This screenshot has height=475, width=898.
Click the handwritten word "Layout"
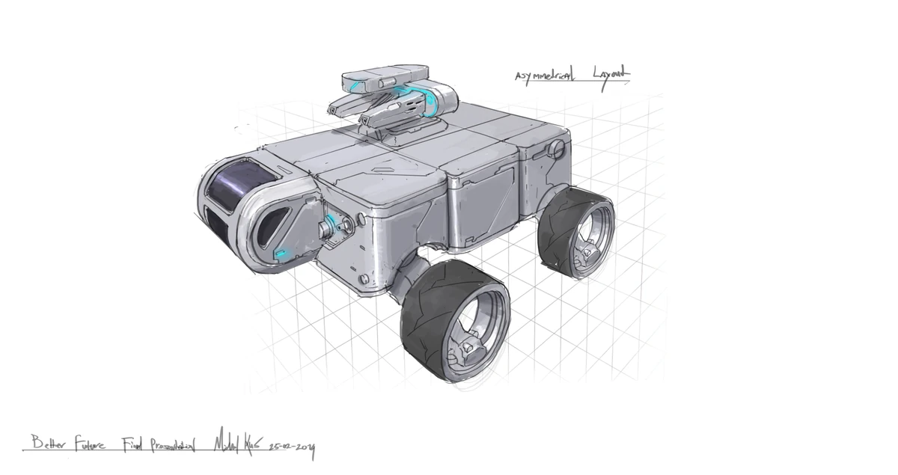(610, 73)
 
